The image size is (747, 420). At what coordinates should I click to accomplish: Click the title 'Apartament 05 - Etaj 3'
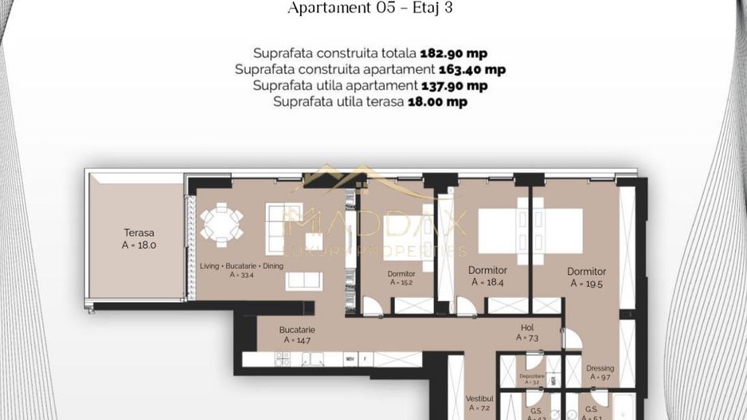tap(373, 10)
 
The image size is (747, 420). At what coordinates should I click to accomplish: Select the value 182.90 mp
tap(453, 53)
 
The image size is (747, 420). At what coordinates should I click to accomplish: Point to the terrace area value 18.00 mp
tap(437, 101)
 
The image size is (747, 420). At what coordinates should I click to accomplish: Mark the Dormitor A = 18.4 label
tap(487, 276)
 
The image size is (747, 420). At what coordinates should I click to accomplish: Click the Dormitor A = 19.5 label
tap(588, 277)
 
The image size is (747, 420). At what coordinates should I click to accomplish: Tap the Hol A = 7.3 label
tap(527, 332)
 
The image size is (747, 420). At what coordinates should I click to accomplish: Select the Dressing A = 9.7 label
tap(600, 373)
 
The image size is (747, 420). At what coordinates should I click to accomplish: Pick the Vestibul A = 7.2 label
tap(479, 402)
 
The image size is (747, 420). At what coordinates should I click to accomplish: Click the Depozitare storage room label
tap(530, 378)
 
